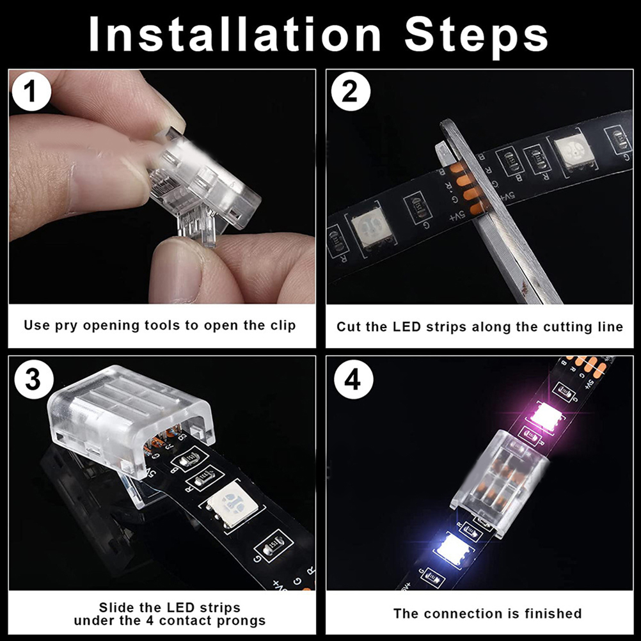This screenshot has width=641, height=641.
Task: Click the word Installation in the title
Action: [x=235, y=35]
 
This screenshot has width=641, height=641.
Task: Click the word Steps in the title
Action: [x=476, y=38]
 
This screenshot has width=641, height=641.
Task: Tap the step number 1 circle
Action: [x=31, y=91]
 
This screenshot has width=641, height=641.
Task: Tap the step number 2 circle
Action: [x=351, y=91]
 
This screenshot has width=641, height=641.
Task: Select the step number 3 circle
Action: [x=33, y=379]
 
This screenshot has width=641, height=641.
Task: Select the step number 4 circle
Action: [x=353, y=379]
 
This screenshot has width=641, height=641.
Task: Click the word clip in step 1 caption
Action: [x=283, y=326]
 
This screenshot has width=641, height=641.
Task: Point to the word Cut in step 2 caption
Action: [x=348, y=327]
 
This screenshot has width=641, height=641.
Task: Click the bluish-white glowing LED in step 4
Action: [x=454, y=548]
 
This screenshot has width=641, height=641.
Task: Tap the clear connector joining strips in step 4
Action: [x=500, y=484]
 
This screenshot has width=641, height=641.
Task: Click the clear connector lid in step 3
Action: [x=130, y=421]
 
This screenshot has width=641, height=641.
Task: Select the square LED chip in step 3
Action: [x=232, y=502]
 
